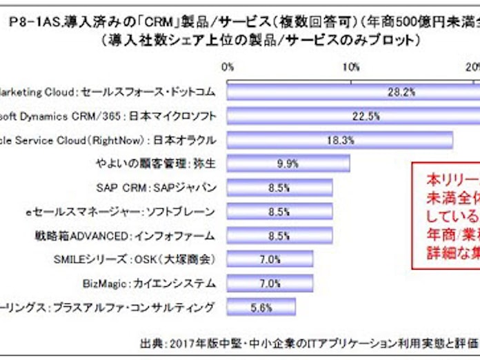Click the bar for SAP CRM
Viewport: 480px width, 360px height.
279,188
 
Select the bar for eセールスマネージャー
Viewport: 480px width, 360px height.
279,212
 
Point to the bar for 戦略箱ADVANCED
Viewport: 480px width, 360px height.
279,235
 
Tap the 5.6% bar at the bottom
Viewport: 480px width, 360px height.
261,307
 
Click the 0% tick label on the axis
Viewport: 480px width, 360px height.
228,67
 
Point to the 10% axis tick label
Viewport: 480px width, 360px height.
350,67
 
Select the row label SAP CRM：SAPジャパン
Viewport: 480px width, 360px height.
157,188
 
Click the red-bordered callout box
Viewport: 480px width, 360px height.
445,214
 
